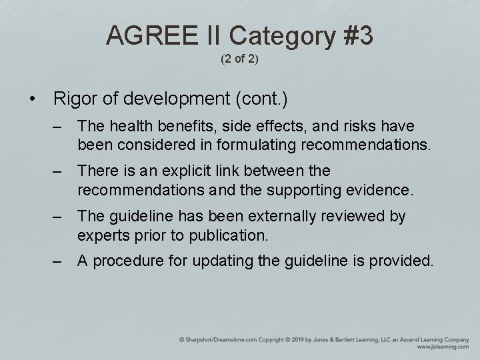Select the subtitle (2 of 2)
239,59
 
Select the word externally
275,217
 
